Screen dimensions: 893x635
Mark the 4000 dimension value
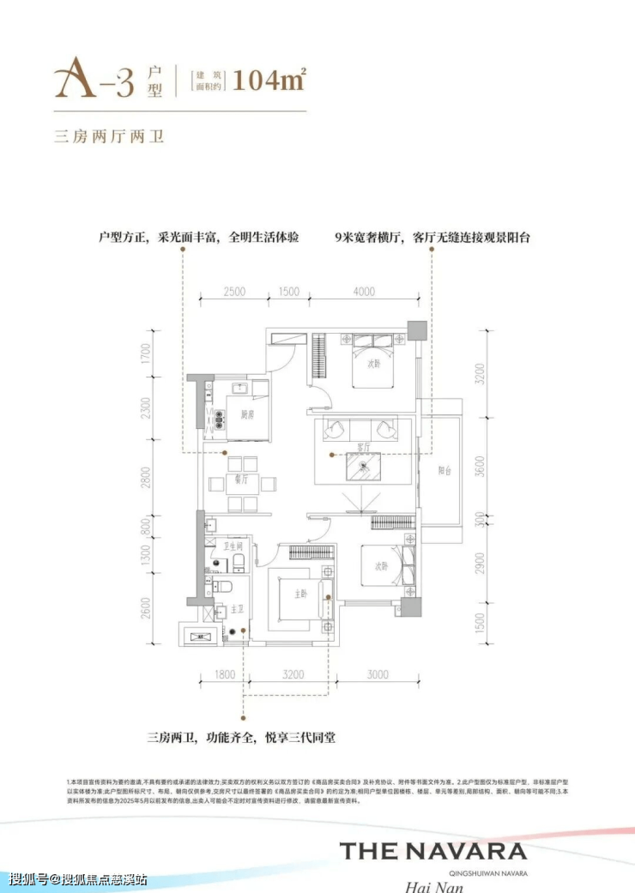pyautogui.click(x=364, y=292)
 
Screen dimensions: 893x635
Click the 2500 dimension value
pyautogui.click(x=233, y=292)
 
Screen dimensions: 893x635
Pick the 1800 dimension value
pyautogui.click(x=224, y=674)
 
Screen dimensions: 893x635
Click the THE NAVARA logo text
pyautogui.click(x=433, y=851)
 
